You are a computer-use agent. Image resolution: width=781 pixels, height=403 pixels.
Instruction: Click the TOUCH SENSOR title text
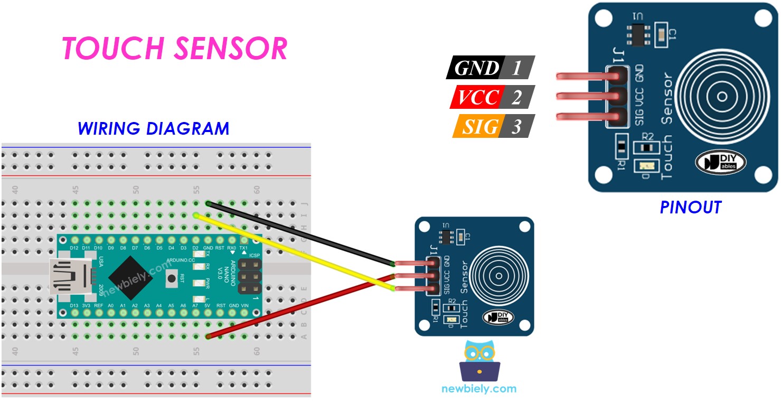pyautogui.click(x=174, y=49)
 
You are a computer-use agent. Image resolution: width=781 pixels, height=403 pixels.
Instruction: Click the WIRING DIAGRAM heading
pyautogui.click(x=153, y=128)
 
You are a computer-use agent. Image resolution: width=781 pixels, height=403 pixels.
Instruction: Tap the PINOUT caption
pyautogui.click(x=690, y=208)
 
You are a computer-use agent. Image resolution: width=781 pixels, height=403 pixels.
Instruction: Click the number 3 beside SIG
pyautogui.click(x=516, y=127)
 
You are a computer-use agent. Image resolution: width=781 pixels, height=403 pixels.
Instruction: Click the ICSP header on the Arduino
pyautogui.click(x=249, y=276)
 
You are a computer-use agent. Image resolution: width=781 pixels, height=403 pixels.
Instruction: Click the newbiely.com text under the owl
pyautogui.click(x=479, y=389)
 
